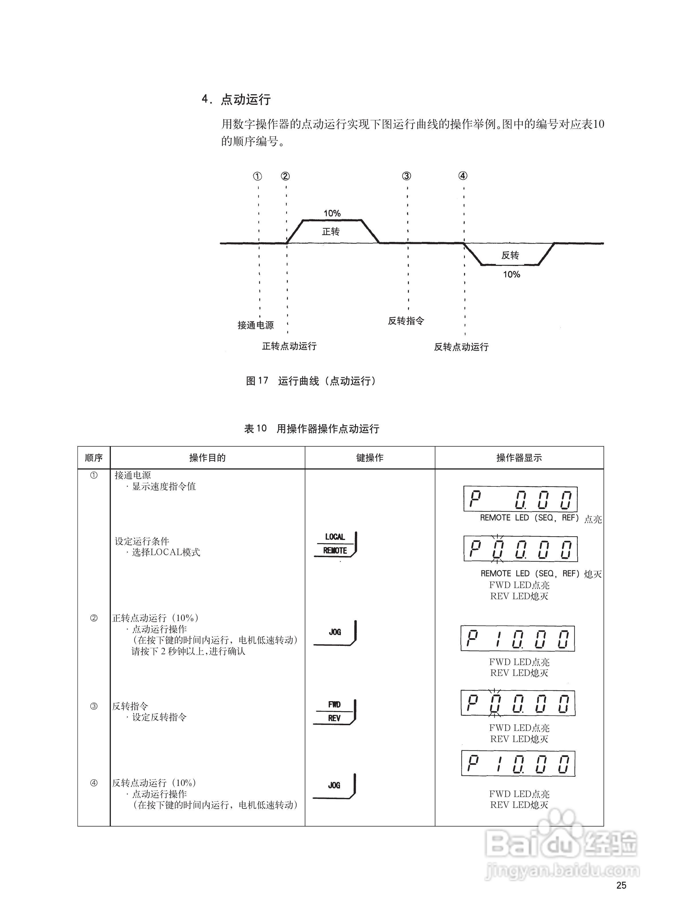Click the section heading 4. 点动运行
[236, 99]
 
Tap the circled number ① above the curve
[257, 176]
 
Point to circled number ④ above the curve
[463, 176]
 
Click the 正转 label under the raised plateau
[331, 232]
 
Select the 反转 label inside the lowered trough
[510, 255]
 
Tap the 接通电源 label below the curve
[256, 325]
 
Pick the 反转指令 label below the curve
[406, 321]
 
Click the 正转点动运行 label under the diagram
[289, 346]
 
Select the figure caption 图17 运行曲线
[311, 381]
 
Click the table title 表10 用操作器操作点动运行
[312, 429]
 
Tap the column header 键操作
[370, 458]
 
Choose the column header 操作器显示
[519, 458]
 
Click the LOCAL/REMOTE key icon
[335, 544]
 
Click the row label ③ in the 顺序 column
[94, 706]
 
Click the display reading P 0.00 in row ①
[520, 499]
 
